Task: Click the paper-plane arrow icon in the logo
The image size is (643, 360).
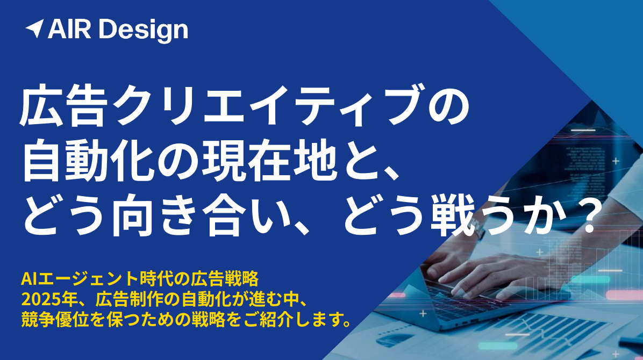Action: point(35,28)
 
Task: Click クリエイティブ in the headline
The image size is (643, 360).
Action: point(267,105)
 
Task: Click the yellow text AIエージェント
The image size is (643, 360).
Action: point(79,279)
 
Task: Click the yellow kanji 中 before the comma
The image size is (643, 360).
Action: point(290,300)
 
